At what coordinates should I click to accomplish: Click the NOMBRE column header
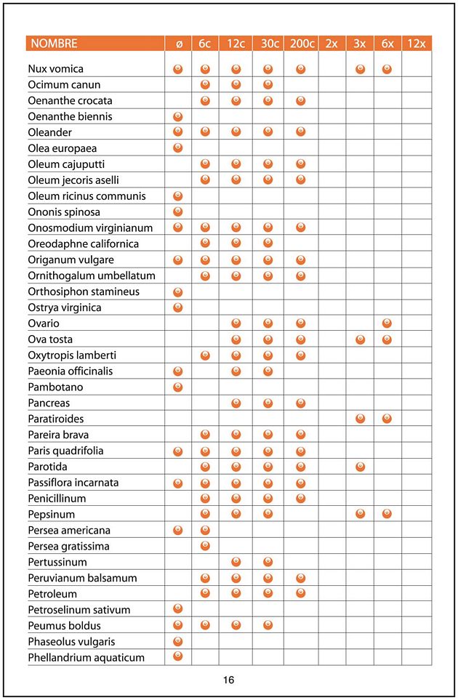54,44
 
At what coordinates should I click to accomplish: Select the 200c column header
301,44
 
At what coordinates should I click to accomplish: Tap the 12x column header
417,44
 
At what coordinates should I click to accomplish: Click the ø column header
179,44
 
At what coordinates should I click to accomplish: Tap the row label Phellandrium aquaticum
87,658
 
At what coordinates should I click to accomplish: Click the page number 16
228,680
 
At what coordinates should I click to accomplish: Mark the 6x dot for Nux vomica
387,69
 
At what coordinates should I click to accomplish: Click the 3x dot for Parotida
360,466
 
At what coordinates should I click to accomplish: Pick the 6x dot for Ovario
387,323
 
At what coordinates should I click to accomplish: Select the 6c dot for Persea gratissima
205,546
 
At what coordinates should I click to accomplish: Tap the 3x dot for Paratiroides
360,419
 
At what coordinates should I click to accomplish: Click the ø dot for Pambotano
178,387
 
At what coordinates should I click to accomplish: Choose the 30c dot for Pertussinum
268,562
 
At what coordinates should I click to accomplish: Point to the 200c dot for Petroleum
301,594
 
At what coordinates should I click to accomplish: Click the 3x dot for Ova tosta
360,339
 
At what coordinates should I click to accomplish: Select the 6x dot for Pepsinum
387,514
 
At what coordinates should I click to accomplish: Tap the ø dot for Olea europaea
178,148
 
